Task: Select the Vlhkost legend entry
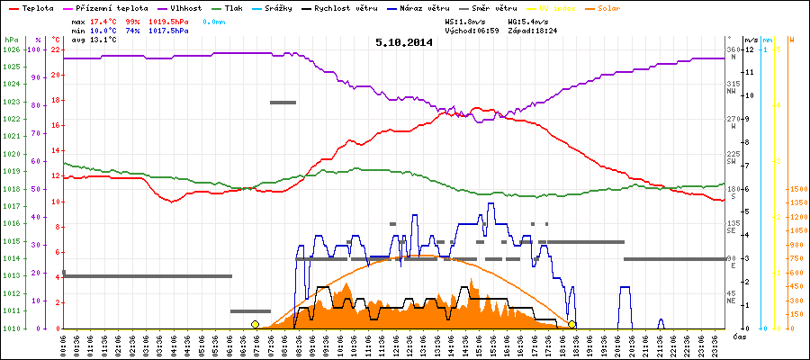(188, 7)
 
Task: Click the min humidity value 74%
(133, 30)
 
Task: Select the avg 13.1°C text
(88, 40)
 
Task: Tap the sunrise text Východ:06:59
(472, 30)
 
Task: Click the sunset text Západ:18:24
(534, 30)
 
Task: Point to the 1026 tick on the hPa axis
(12, 49)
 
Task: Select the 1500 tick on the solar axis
(796, 189)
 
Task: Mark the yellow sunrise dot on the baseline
(255, 324)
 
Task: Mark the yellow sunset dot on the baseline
(572, 324)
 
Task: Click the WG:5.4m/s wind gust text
(526, 20)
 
